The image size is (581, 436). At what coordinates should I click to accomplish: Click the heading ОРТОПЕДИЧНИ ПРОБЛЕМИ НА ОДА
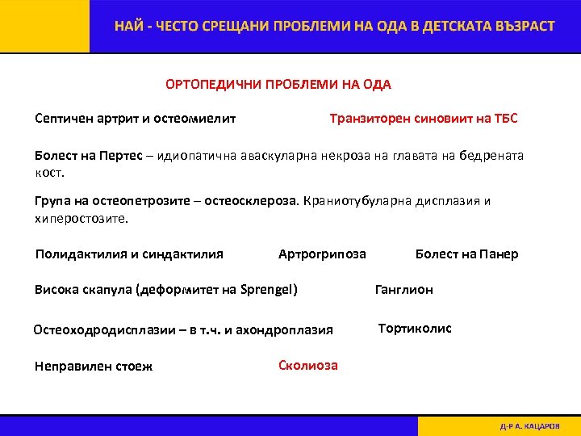click(x=278, y=85)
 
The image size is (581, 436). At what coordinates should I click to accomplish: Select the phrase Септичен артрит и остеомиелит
click(x=136, y=119)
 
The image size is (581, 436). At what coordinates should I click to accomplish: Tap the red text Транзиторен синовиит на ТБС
click(x=424, y=119)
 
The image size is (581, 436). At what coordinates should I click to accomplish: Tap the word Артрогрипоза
click(x=322, y=254)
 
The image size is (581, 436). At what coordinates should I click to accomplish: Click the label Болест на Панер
click(x=466, y=254)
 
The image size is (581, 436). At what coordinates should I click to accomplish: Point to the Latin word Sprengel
click(x=267, y=290)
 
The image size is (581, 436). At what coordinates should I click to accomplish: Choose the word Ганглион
click(x=403, y=290)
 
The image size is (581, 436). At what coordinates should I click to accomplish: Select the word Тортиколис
click(x=415, y=328)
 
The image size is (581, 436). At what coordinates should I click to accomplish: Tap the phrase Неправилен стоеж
click(x=94, y=366)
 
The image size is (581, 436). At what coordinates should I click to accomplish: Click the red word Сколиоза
click(x=308, y=365)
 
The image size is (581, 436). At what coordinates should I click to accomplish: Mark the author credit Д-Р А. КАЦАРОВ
click(x=530, y=426)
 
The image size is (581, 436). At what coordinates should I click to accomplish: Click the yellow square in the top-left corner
click(x=44, y=27)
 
